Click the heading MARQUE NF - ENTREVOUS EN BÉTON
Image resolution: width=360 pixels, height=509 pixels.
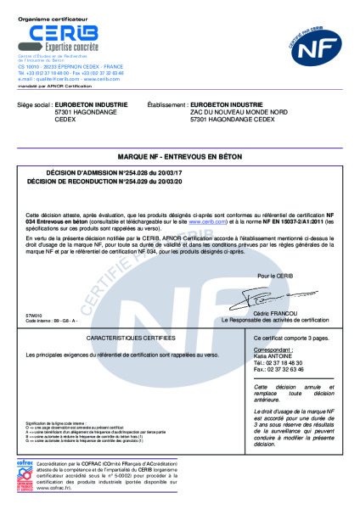(180, 158)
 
